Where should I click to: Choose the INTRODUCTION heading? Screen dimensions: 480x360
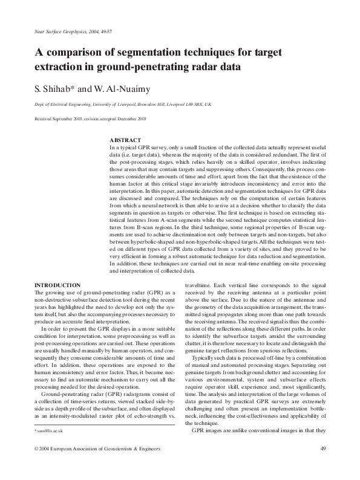click(57, 285)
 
